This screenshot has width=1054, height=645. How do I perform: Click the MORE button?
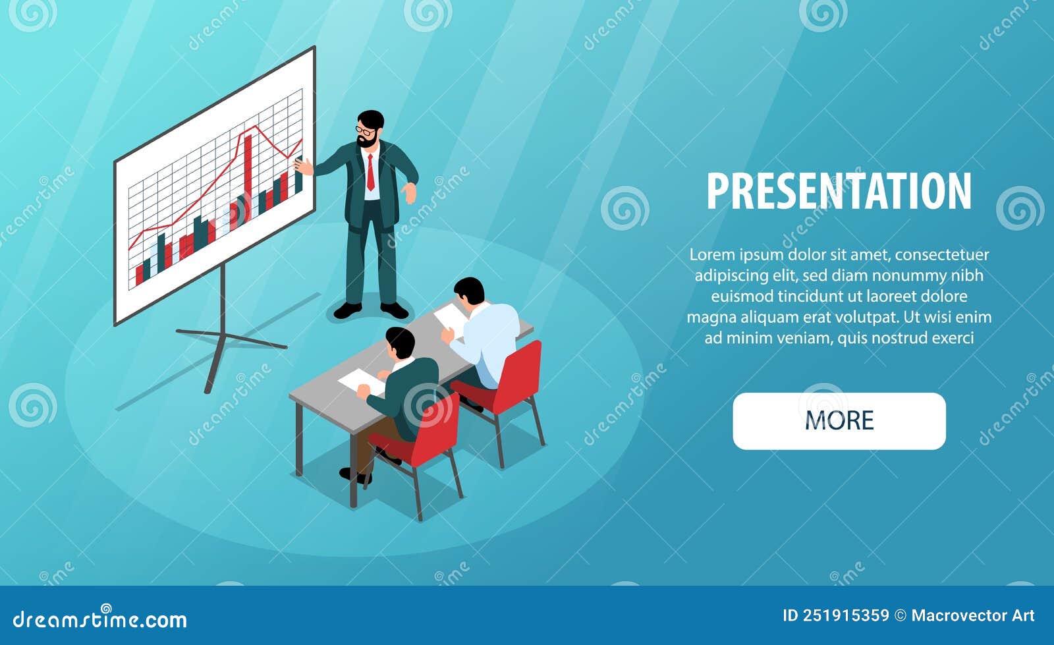[x=839, y=421]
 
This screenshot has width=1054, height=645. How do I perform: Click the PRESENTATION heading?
[x=839, y=191]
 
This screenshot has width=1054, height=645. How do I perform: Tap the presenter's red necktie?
[x=371, y=173]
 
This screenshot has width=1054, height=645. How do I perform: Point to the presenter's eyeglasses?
[x=365, y=130]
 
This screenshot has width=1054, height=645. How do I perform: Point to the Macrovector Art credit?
[x=972, y=615]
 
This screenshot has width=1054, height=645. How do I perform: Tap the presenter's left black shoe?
[x=347, y=310]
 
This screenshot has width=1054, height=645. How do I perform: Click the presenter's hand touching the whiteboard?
[x=304, y=166]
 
